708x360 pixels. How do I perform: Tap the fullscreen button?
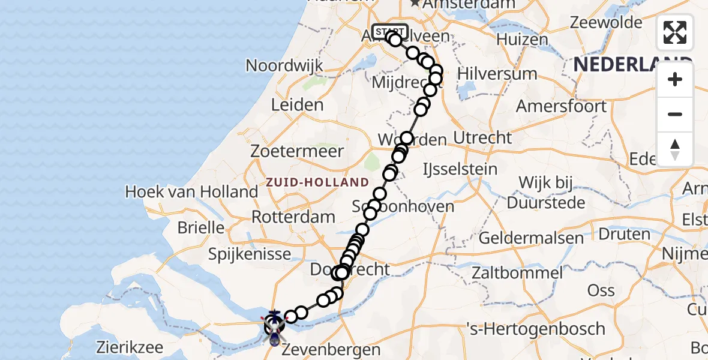[x=675, y=32]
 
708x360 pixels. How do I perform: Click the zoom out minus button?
[x=675, y=115]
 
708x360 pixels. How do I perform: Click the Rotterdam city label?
[x=293, y=217]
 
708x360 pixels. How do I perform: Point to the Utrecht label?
[x=482, y=138]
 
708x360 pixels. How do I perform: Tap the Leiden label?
[x=297, y=105]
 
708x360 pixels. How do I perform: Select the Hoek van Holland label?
[x=191, y=193]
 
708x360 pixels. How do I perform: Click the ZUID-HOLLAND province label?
[x=318, y=182]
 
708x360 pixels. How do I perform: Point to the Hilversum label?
[x=497, y=74]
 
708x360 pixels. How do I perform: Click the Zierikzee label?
[x=127, y=347]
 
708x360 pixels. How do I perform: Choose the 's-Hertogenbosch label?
[x=536, y=329]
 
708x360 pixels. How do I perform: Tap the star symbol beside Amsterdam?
[x=415, y=3]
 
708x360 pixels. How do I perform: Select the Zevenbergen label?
[x=332, y=349]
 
